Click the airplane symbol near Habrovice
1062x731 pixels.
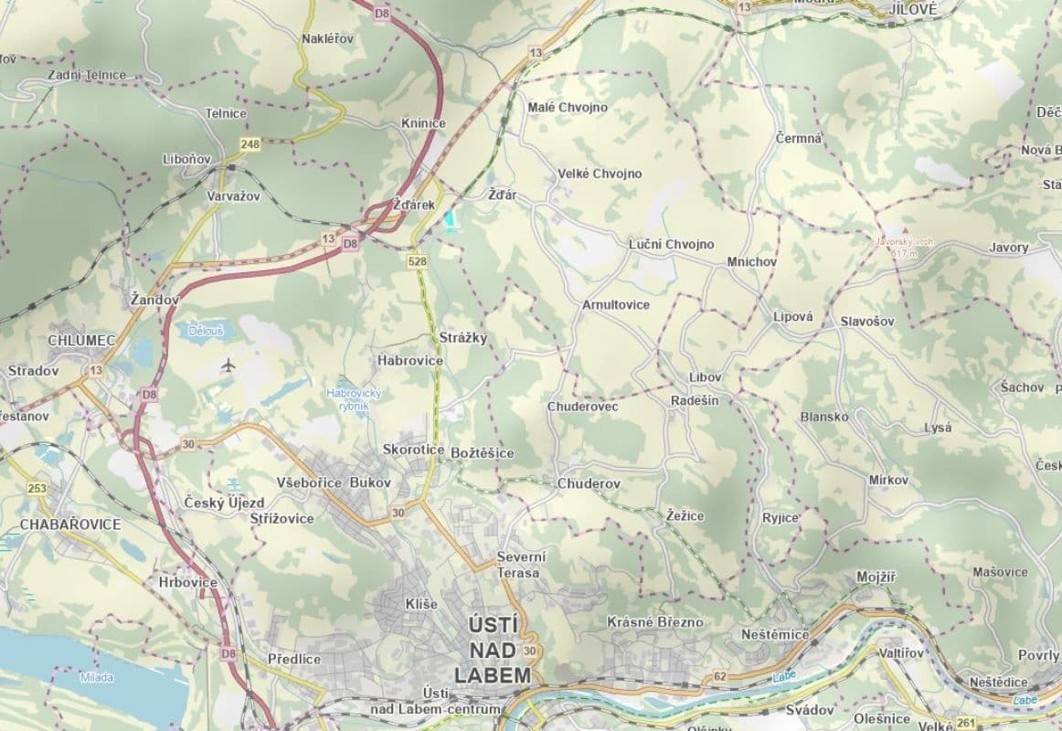tap(228, 366)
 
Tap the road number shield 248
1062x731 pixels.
tap(250, 144)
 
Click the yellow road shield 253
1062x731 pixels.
tap(37, 488)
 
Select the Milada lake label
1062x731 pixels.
tap(96, 677)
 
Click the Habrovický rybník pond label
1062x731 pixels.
tap(353, 398)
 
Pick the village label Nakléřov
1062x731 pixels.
tap(327, 38)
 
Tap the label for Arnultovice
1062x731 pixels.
tap(616, 304)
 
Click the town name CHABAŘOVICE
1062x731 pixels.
tap(70, 524)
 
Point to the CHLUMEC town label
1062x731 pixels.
tap(82, 341)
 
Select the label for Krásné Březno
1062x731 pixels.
tap(655, 622)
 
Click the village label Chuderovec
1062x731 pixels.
tap(582, 407)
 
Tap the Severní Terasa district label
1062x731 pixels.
tap(520, 565)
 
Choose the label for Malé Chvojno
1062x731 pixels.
tap(568, 107)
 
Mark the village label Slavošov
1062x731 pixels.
tap(867, 322)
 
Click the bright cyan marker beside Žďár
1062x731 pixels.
tap(450, 220)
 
